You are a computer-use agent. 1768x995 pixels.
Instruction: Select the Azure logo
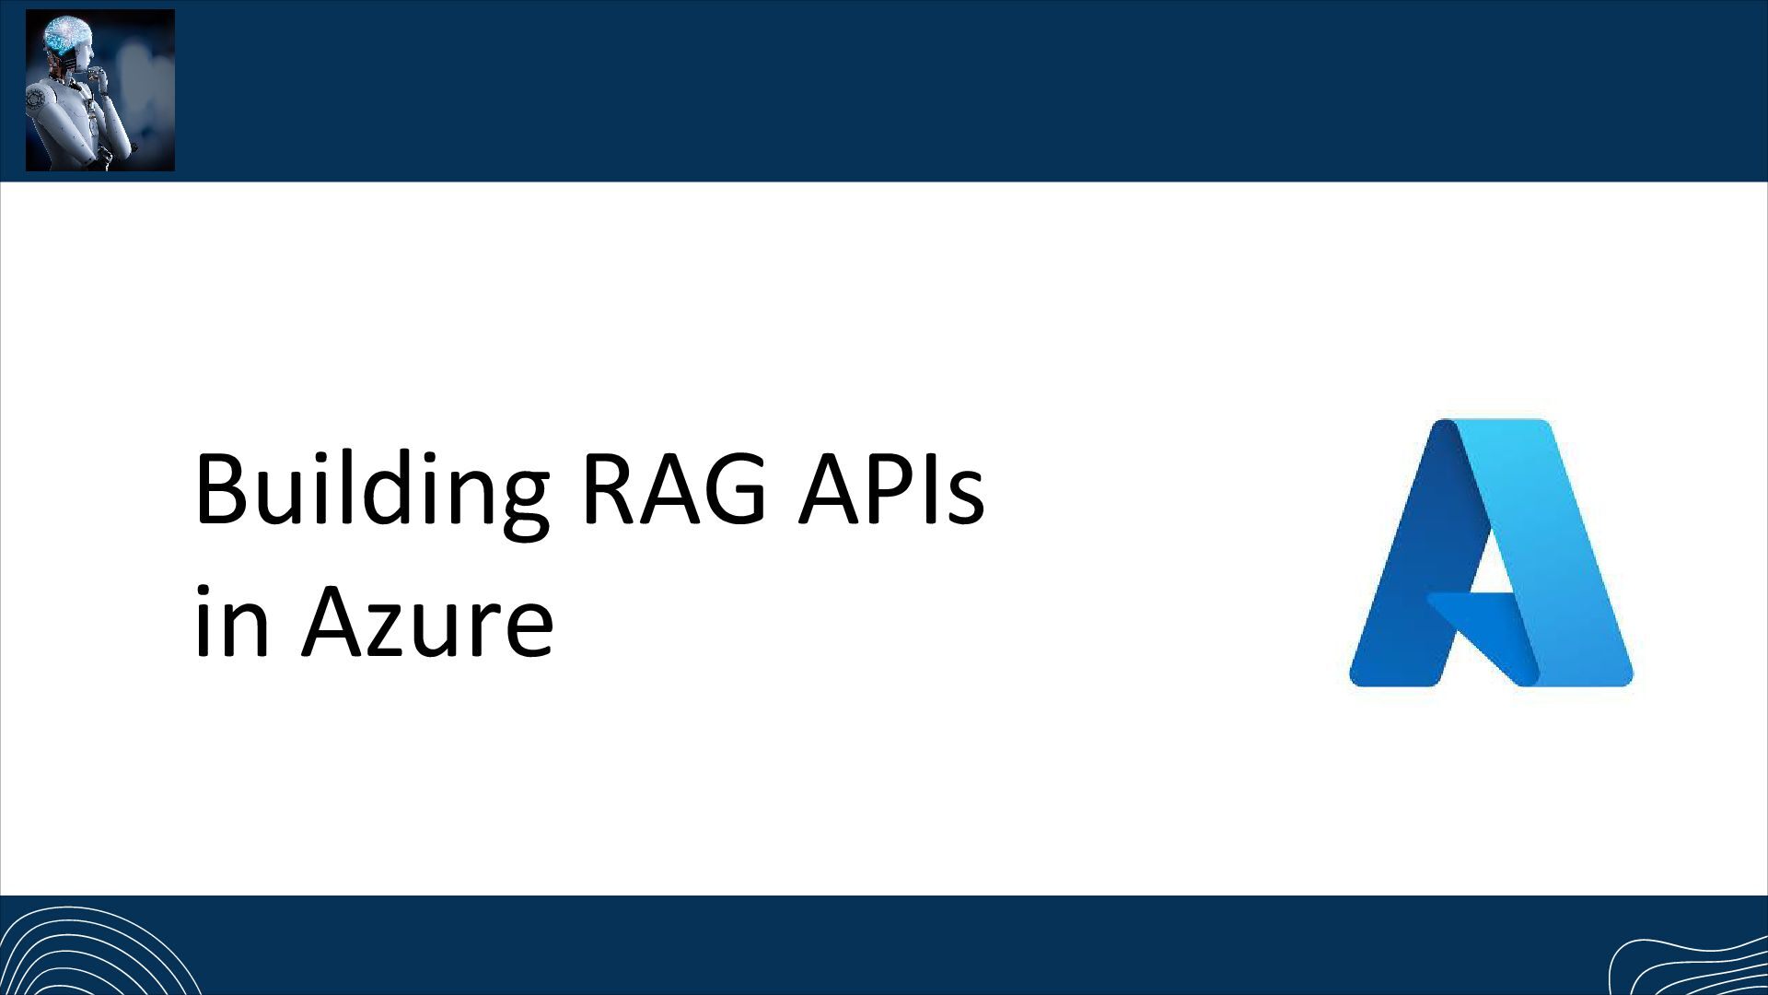tap(1490, 553)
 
